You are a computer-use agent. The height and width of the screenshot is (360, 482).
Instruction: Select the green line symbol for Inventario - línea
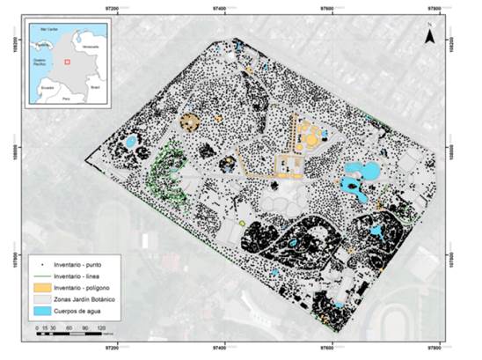pyautogui.click(x=40, y=276)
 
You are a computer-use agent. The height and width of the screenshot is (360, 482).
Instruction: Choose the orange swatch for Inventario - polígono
pyautogui.click(x=40, y=288)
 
